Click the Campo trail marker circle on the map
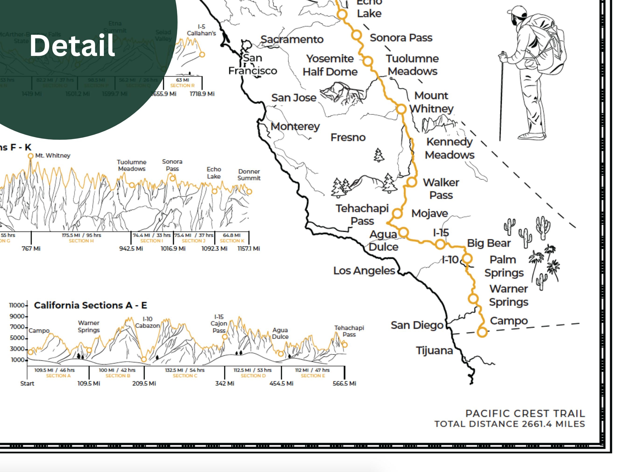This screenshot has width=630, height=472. click(x=482, y=332)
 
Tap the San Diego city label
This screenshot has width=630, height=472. click(x=417, y=325)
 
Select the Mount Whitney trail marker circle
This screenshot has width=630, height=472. click(x=401, y=109)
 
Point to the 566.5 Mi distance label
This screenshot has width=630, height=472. click(x=344, y=383)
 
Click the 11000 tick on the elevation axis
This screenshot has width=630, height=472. click(x=17, y=305)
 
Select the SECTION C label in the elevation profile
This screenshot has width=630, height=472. click(x=185, y=376)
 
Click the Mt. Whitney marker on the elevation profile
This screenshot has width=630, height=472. click(x=31, y=156)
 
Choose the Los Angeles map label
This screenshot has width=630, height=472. click(x=364, y=271)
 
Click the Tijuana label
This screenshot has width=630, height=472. click(x=434, y=351)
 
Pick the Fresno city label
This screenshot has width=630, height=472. click(x=348, y=138)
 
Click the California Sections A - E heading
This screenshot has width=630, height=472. click(x=90, y=305)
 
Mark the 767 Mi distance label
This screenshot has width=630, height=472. click(x=31, y=249)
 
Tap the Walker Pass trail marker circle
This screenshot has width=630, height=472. click(x=411, y=182)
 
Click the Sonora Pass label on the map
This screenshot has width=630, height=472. click(x=401, y=38)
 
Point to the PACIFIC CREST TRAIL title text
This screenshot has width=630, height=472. click(x=525, y=413)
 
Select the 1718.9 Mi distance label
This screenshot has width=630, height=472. click(x=202, y=94)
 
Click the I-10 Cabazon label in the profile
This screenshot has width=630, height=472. click(x=147, y=322)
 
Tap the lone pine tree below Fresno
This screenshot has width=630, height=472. click(x=378, y=155)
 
